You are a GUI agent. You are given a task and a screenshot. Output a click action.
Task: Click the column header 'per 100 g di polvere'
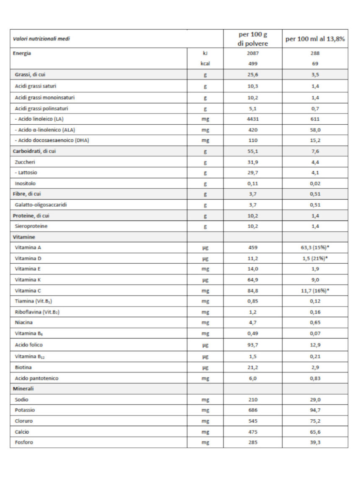coord(253,39)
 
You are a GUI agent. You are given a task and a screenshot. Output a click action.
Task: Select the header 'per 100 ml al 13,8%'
coord(315,39)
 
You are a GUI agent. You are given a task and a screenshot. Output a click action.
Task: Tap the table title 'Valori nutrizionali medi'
coord(41,39)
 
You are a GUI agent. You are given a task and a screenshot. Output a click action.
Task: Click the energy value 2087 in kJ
coord(253,53)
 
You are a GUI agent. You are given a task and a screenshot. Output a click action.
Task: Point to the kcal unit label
coord(205,64)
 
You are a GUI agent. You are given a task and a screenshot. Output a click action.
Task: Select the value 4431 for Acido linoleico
coord(253,119)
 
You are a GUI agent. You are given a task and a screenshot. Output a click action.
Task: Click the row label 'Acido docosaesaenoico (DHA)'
coord(52,141)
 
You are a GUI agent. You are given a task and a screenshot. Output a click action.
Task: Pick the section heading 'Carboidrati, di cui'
coord(33,151)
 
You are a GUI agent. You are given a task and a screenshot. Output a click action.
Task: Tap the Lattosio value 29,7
coord(253,172)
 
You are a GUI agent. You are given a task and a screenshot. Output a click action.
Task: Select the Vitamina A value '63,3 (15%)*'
coord(315,247)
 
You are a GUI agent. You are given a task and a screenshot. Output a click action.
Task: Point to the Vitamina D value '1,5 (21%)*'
coord(315,258)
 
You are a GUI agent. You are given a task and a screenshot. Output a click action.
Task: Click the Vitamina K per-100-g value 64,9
coord(253,280)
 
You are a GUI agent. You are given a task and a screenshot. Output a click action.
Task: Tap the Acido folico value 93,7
coord(253,345)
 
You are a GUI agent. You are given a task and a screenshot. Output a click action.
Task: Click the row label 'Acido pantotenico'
coord(36,378)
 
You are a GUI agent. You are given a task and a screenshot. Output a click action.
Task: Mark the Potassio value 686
coord(253,410)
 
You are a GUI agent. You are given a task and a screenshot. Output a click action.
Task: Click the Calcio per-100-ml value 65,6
coord(315,432)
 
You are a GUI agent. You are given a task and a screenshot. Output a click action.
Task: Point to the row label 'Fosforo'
coord(24,442)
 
